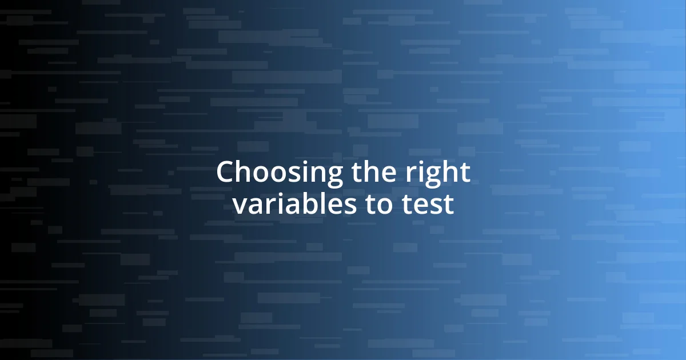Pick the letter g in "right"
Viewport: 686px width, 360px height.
click(x=434, y=177)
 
